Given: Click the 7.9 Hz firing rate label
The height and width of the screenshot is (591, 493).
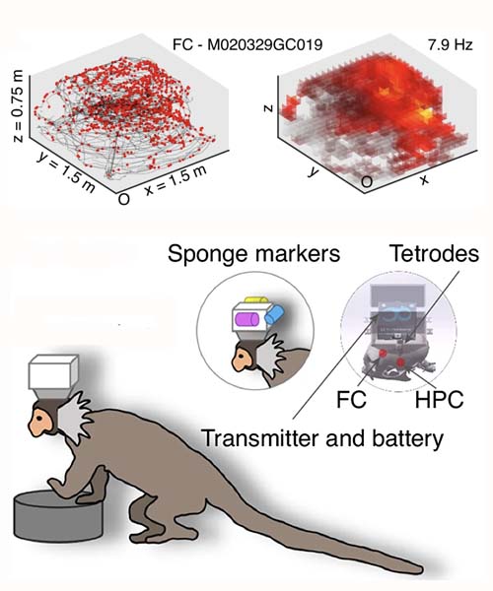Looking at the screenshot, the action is coord(450,45).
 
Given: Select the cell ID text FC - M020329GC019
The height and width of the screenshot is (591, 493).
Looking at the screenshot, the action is coord(247,45).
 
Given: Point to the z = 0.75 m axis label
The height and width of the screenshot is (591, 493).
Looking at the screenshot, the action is coord(18,106).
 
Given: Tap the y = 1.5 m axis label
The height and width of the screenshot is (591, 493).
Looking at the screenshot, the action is coord(65,173).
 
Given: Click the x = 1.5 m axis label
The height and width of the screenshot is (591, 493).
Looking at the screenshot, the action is coord(176,181).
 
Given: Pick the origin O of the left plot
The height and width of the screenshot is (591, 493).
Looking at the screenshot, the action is coord(123,199).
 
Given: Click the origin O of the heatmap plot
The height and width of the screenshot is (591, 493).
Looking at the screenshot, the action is coord(367,182).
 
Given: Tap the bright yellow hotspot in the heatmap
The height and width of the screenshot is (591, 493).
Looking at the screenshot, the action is coord(426,114).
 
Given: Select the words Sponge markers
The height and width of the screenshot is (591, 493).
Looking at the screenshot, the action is coord(253,254).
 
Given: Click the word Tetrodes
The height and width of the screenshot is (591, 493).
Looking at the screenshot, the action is coord(434,253).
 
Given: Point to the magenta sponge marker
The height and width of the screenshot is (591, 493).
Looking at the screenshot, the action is coord(246,319).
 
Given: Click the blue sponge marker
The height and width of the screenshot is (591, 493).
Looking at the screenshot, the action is coord(274,314).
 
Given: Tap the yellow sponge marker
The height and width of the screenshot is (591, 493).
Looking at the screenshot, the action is coord(256,299).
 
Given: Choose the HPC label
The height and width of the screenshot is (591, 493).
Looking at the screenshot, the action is coord(439,400).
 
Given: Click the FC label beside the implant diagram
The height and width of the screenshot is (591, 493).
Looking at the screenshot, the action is coord(351,400).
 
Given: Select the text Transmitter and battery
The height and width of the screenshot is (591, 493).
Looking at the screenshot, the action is coord(322,438).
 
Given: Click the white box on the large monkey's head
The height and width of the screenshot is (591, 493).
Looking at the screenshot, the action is coord(53,372).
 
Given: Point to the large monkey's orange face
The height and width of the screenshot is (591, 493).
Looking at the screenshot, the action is coord(40,422).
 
